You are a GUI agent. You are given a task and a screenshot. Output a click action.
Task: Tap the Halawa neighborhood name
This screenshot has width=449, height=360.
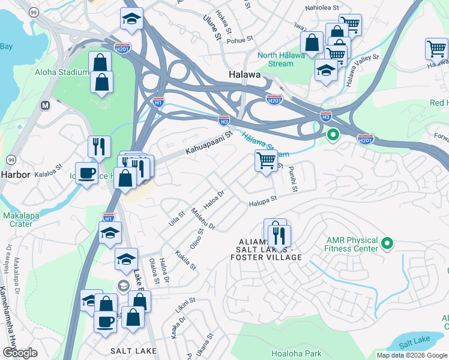(245, 75)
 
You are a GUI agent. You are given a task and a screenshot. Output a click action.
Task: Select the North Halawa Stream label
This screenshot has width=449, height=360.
(276, 59)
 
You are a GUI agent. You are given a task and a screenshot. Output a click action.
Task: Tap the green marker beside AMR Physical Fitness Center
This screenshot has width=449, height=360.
(387, 244)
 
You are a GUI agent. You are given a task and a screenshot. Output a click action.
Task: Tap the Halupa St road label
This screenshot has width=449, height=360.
(263, 201)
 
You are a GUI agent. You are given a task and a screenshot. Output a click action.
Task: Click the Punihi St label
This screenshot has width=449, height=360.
(292, 179)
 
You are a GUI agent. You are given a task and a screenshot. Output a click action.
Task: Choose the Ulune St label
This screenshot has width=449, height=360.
(213, 27)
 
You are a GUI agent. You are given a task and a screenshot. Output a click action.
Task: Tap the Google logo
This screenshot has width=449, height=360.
(20, 353)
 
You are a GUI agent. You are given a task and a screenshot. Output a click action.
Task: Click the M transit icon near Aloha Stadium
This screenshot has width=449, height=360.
(44, 105)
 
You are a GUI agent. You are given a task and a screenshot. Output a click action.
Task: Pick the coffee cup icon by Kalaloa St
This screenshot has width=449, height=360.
(86, 173)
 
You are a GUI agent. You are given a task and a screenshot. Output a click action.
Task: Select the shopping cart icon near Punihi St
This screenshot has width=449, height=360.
(266, 160)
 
